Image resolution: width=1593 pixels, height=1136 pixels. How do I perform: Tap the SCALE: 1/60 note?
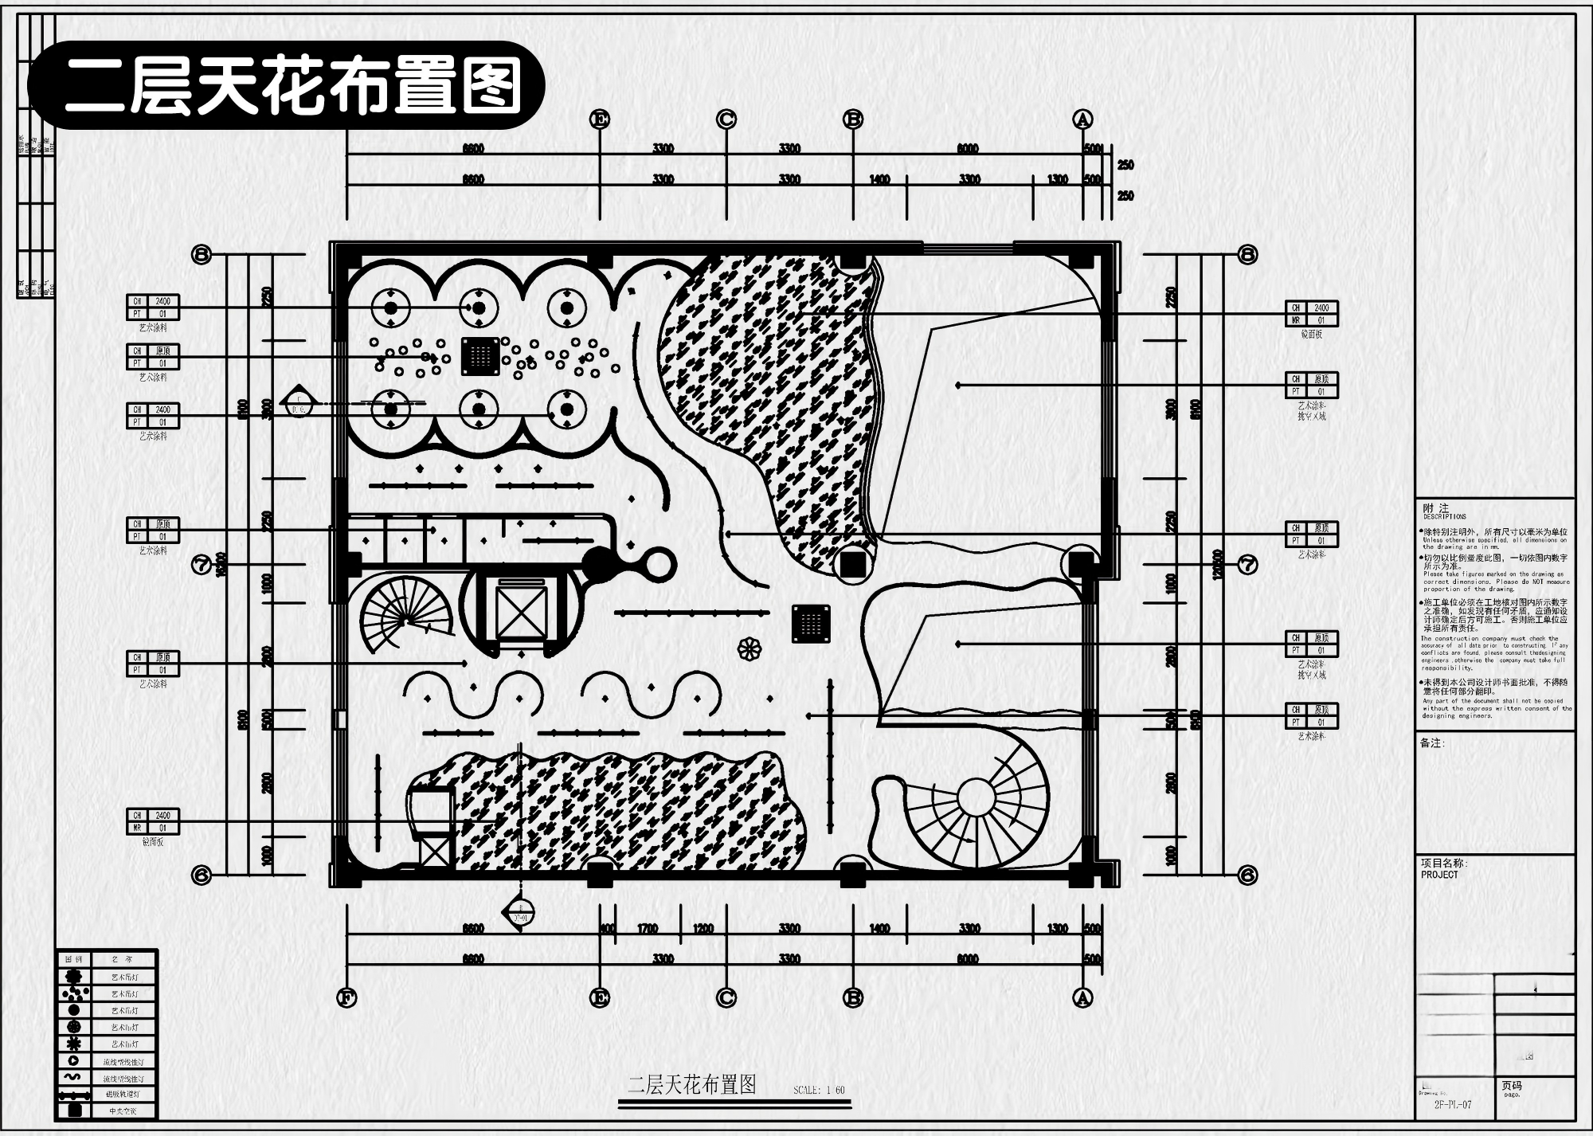tap(819, 1090)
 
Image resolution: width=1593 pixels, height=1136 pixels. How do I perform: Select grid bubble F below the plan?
tap(346, 997)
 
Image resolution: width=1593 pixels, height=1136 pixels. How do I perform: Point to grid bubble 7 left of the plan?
tap(202, 565)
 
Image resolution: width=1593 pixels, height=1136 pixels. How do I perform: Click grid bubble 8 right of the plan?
tap(1247, 254)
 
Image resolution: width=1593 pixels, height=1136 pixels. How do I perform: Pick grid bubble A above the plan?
tap(1082, 119)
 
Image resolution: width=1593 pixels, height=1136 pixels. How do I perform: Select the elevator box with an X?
tap(521, 611)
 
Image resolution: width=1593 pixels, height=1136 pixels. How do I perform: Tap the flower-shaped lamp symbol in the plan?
tap(749, 649)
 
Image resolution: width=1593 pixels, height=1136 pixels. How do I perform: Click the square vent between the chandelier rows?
tap(480, 356)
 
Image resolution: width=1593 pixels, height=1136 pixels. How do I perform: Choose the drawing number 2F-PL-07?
tap(1452, 1105)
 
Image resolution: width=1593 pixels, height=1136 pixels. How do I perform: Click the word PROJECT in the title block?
tap(1439, 875)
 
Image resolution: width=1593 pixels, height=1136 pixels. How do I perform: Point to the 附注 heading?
tap(1436, 508)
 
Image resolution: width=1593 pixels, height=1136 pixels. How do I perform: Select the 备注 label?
tap(1432, 743)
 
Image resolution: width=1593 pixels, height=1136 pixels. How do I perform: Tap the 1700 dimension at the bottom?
tap(648, 929)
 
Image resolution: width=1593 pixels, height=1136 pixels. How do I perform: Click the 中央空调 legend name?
tap(123, 1111)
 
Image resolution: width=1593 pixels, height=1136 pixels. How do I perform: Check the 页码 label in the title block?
tap(1512, 1085)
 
